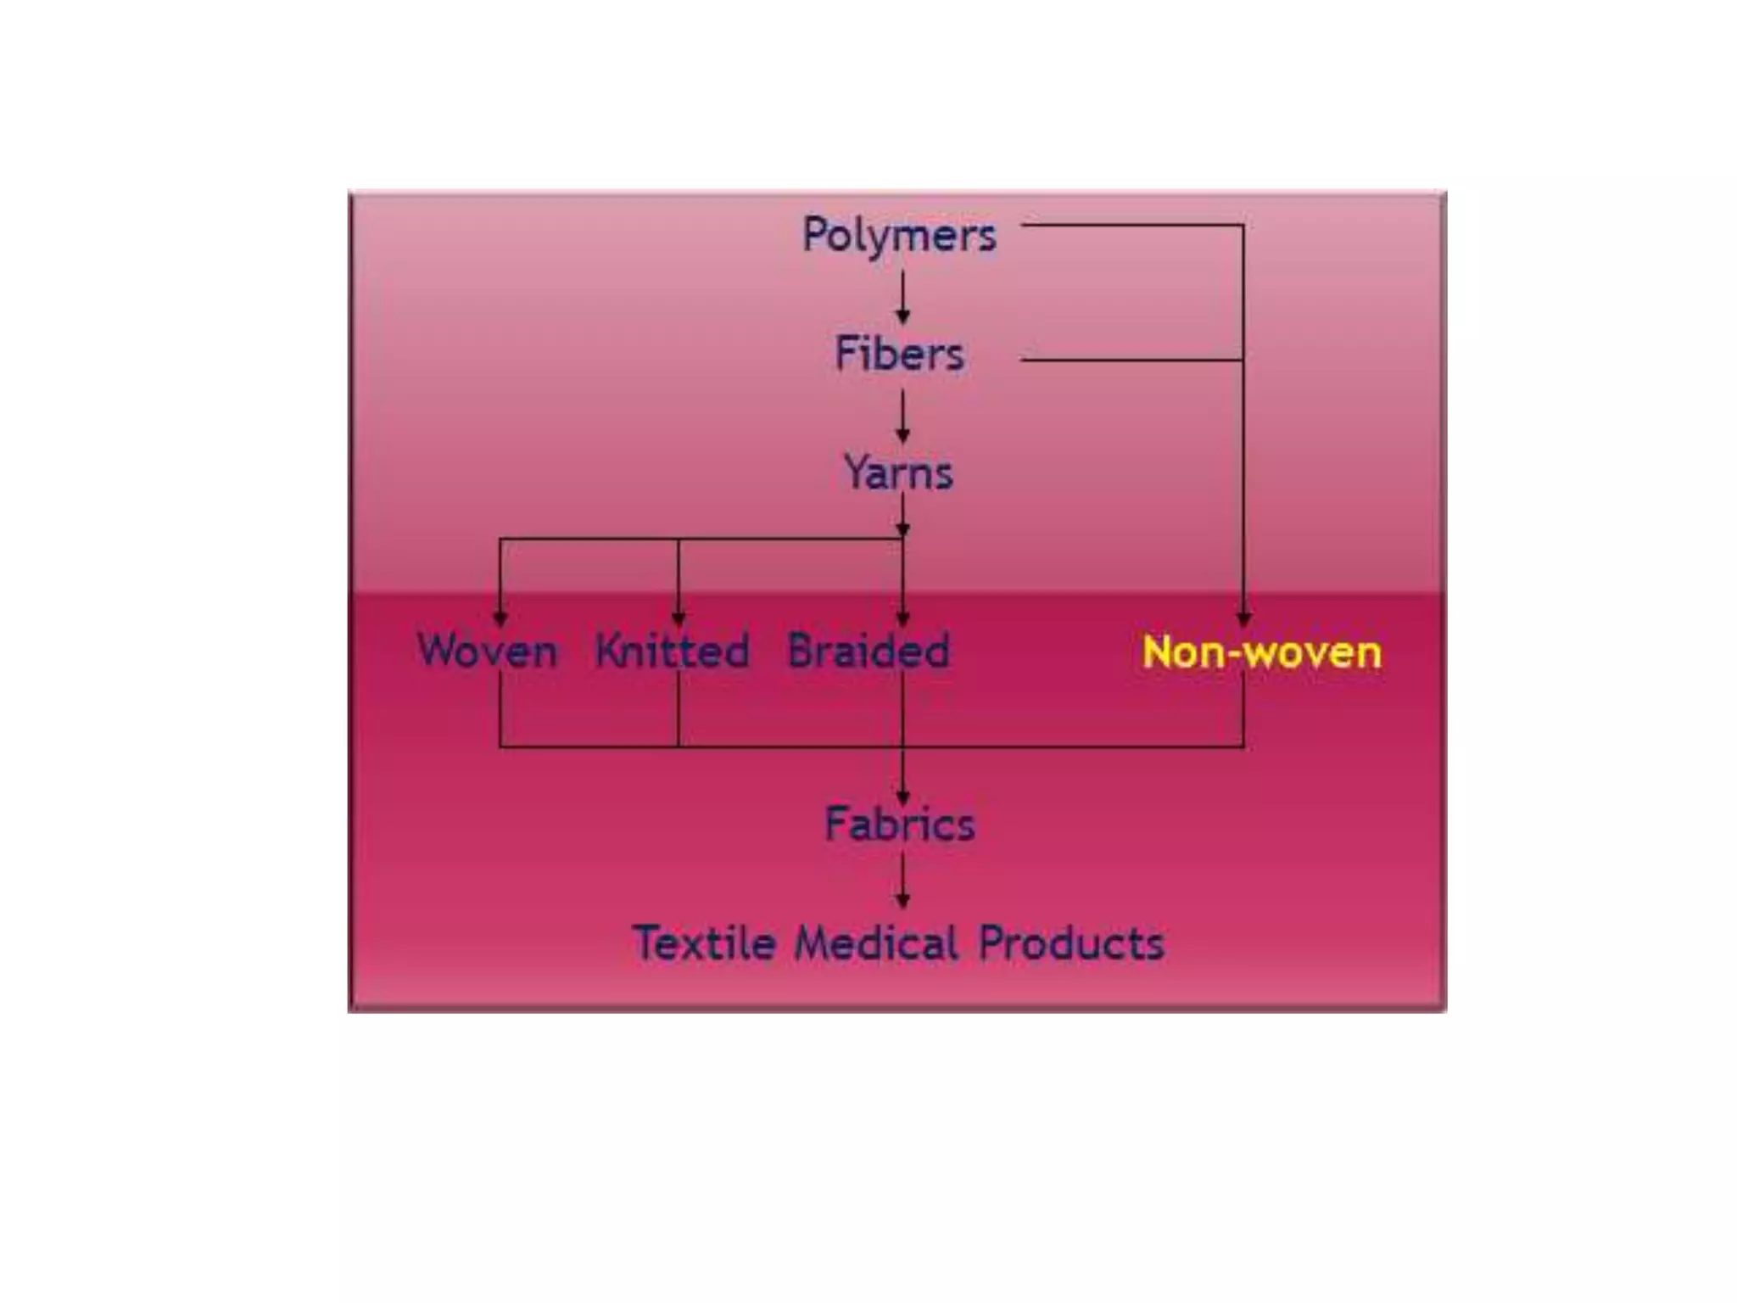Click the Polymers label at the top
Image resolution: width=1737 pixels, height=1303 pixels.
(899, 235)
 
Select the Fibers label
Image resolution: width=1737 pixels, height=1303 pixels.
(899, 354)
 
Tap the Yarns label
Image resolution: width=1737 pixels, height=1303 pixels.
(898, 473)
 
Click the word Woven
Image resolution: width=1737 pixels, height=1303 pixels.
(488, 651)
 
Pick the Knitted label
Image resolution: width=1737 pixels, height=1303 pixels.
(672, 651)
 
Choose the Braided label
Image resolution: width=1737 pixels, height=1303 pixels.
(868, 651)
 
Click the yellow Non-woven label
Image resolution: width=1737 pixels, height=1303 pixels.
(1261, 652)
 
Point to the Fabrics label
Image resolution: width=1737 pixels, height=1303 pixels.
(900, 824)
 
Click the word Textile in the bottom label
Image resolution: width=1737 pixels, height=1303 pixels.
(704, 943)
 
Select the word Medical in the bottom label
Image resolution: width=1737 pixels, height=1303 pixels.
(877, 943)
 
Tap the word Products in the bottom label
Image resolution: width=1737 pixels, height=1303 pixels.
(1071, 943)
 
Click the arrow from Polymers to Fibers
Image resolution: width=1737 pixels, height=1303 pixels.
(902, 297)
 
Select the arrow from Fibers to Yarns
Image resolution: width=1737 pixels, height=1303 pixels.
(902, 417)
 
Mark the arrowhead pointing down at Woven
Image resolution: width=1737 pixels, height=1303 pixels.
(500, 618)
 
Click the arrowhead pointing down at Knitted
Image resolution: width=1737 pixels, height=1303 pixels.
(678, 618)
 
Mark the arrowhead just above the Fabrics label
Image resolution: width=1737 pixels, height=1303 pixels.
(902, 797)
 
